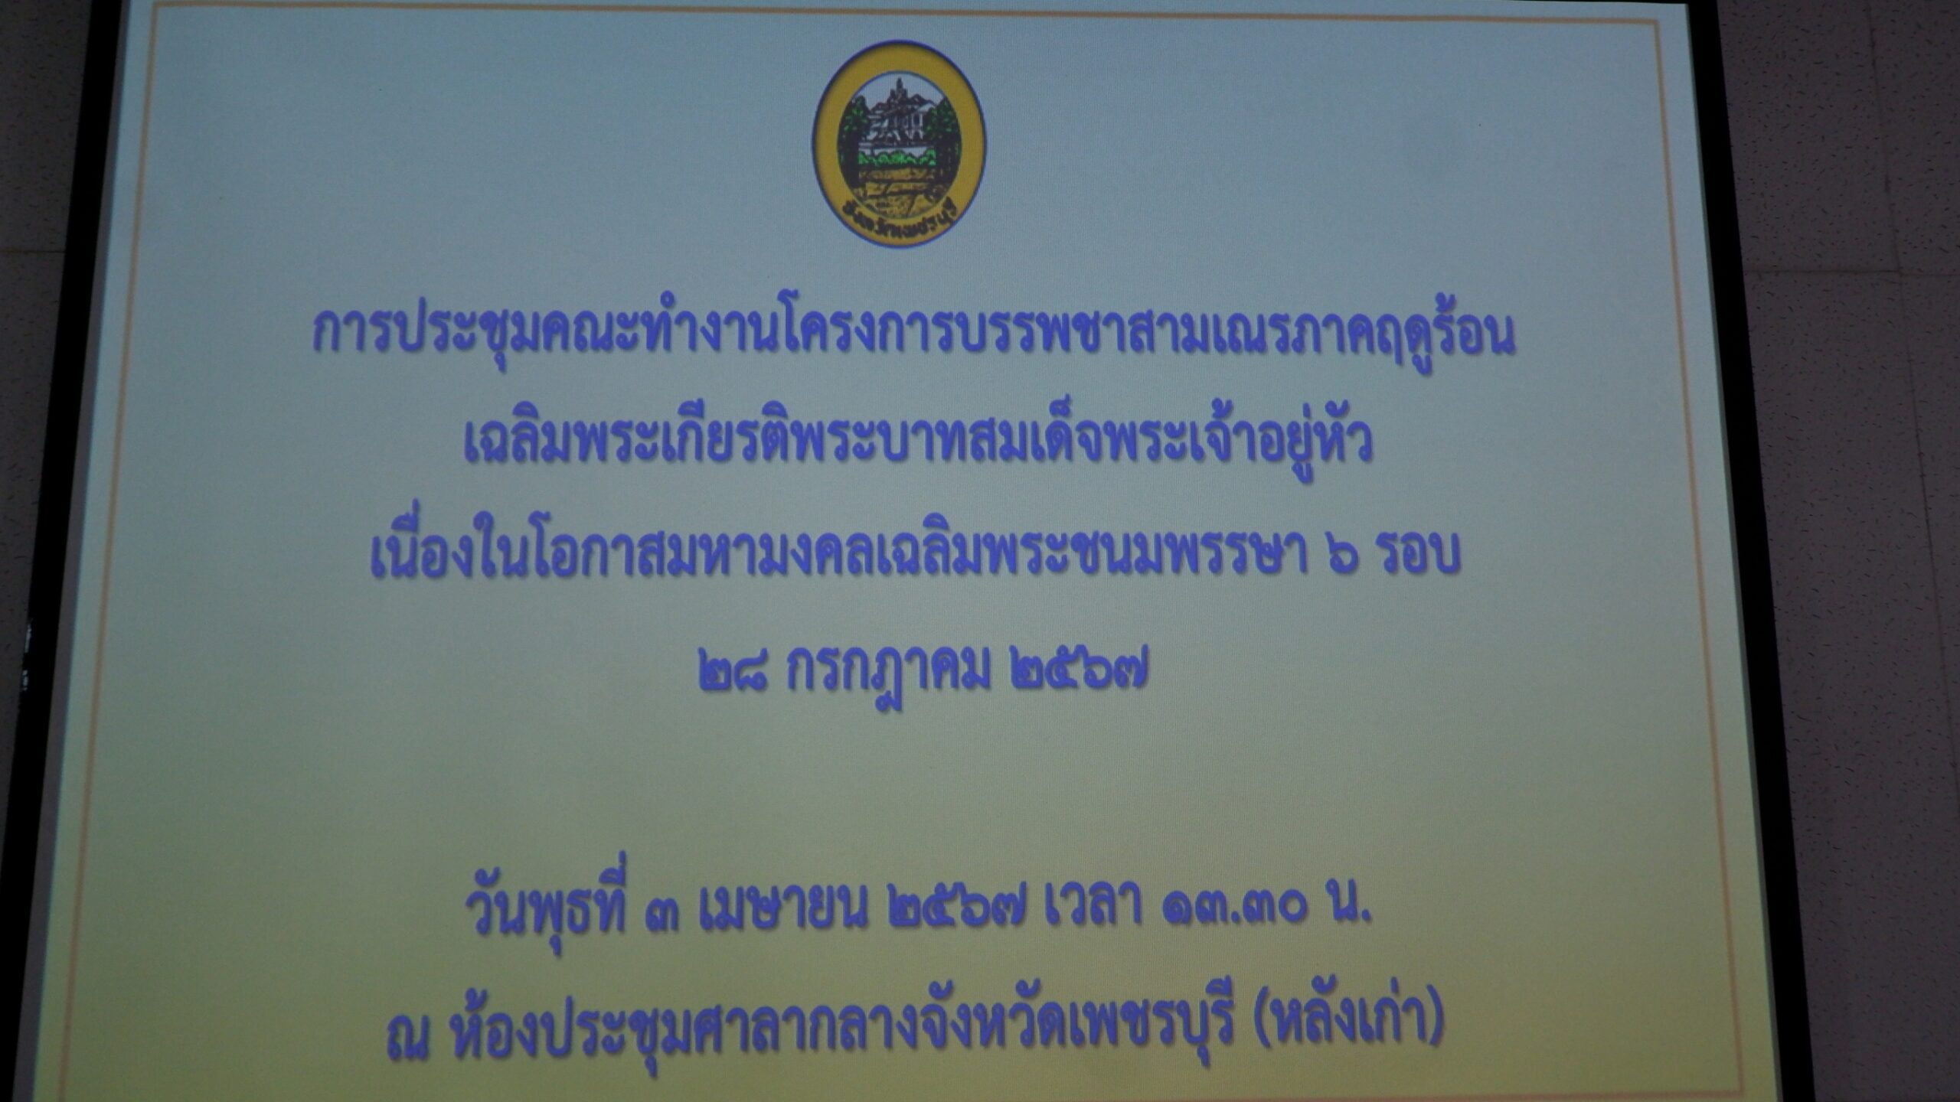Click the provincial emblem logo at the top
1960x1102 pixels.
click(x=899, y=143)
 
